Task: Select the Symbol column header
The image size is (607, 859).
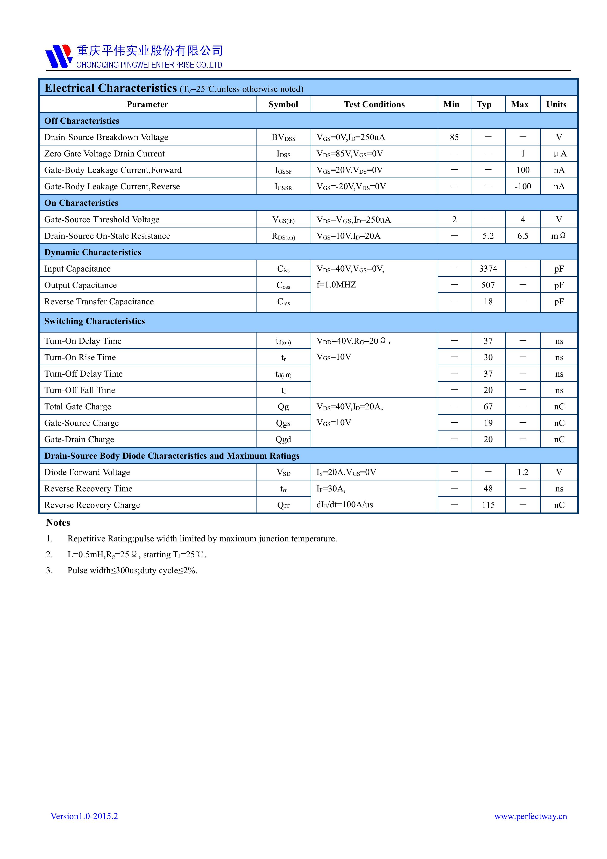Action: coord(283,104)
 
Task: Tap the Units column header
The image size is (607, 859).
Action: coord(556,104)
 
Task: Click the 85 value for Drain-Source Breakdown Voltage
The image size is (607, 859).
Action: coord(454,137)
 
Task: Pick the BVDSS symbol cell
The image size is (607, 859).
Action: coord(283,138)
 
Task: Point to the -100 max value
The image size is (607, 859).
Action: coord(523,186)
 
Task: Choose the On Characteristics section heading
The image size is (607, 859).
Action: coord(81,203)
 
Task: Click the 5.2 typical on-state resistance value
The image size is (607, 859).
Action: coord(488,236)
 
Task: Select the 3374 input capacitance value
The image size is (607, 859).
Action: coord(488,269)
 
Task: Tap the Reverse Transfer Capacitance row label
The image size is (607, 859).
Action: coord(99,301)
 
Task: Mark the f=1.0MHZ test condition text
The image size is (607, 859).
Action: coord(336,285)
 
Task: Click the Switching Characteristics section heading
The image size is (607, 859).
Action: coord(94,321)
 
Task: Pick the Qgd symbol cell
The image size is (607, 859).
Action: coord(283,439)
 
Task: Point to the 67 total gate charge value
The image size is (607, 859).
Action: coord(488,406)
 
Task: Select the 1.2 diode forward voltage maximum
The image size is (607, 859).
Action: coord(523,472)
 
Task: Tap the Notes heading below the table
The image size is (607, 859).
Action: coord(58,523)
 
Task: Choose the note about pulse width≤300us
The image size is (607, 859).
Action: coord(132,570)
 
